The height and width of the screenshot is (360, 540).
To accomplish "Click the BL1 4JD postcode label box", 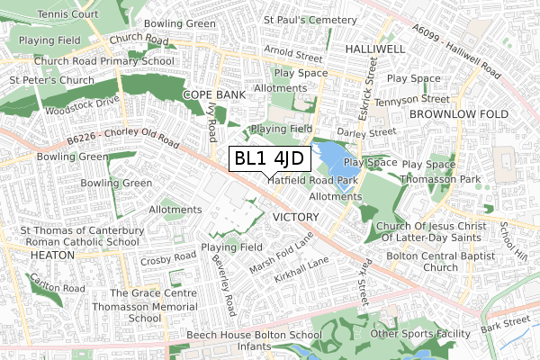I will (x=270, y=159).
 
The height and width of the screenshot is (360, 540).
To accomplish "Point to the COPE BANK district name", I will (x=213, y=94).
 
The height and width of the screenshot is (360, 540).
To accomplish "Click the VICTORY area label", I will (x=294, y=218).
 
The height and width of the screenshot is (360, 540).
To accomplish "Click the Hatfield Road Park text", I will (x=312, y=180).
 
